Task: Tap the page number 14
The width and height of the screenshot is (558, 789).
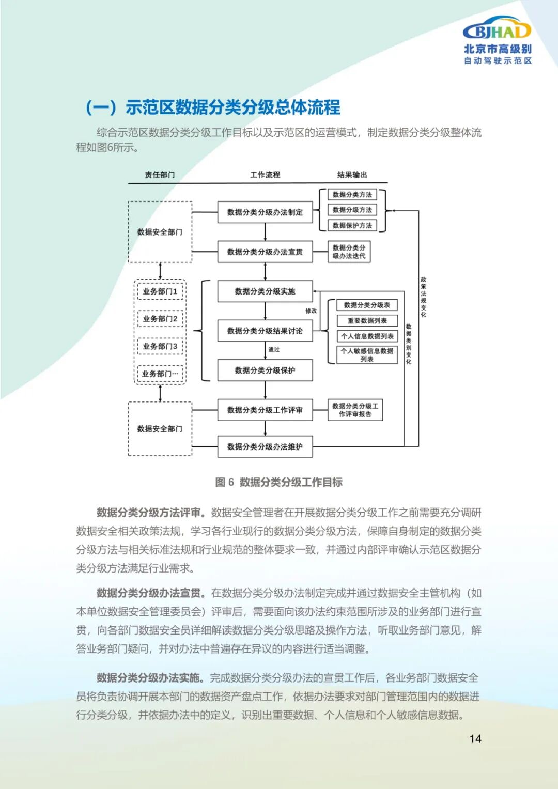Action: (x=475, y=739)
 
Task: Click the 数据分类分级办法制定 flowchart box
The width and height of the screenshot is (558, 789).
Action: (x=265, y=212)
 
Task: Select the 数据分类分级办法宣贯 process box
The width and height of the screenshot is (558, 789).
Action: (x=265, y=252)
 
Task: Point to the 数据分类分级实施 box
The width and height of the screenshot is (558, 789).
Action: (x=265, y=291)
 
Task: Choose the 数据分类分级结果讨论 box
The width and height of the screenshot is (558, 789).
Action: (x=265, y=331)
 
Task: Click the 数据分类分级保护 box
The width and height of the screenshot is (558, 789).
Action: (x=265, y=370)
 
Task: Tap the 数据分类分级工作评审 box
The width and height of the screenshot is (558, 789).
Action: (x=265, y=410)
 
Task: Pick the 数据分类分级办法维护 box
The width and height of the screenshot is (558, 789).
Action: (x=265, y=446)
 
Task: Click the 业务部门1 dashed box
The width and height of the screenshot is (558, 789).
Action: (x=160, y=291)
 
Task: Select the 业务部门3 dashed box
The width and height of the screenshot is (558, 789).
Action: (x=160, y=346)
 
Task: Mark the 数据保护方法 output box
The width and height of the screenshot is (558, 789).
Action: (x=352, y=225)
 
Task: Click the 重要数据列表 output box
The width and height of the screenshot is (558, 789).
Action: (x=367, y=321)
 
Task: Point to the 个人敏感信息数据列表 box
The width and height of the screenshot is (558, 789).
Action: (x=367, y=354)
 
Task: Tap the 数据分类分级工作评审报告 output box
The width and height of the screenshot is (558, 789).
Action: (x=355, y=410)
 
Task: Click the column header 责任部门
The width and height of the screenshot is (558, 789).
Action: (x=160, y=175)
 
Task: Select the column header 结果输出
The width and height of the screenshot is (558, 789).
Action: (x=352, y=175)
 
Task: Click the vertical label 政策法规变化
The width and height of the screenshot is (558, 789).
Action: (x=423, y=297)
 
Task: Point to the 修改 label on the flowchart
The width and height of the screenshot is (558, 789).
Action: (x=311, y=311)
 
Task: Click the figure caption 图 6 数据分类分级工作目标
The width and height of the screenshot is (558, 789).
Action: (x=278, y=482)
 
